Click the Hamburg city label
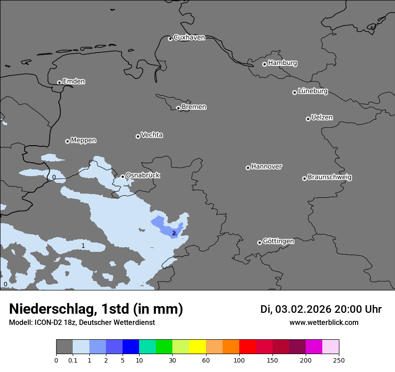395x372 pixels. point(282,63)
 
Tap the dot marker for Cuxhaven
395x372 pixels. point(170,39)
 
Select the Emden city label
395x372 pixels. point(74,82)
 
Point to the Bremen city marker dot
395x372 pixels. point(178,108)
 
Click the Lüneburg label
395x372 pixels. point(312,91)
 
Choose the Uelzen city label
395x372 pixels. point(322,117)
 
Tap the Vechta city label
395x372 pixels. point(152,135)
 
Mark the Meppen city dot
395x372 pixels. point(67,141)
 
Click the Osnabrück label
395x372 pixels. point(143,175)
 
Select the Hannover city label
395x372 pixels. point(266,167)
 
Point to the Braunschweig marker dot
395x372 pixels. point(304,178)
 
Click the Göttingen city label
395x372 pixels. point(278,241)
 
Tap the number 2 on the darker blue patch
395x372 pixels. point(174,233)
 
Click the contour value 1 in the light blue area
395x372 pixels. point(83,246)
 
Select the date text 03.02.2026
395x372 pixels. point(303,309)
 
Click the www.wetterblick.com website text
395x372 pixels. point(324,323)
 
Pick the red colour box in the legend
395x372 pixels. point(247,347)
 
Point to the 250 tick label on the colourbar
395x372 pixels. point(339,360)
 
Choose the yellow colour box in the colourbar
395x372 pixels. point(197,347)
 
